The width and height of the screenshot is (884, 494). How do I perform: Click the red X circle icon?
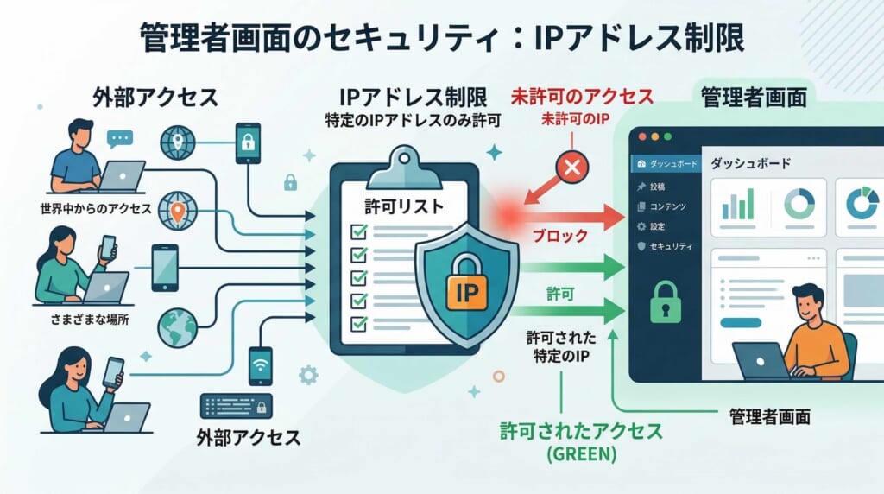click(571, 168)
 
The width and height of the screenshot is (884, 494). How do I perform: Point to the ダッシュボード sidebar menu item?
click(669, 162)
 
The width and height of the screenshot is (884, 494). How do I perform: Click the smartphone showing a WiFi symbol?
click(260, 365)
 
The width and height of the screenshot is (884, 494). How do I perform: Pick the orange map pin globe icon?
click(178, 211)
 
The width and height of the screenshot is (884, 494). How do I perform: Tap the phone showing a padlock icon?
click(248, 142)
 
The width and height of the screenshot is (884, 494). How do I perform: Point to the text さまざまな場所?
click(90, 320)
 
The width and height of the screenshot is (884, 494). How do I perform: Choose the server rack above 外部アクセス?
click(237, 405)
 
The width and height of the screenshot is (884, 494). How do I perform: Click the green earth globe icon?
click(179, 326)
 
